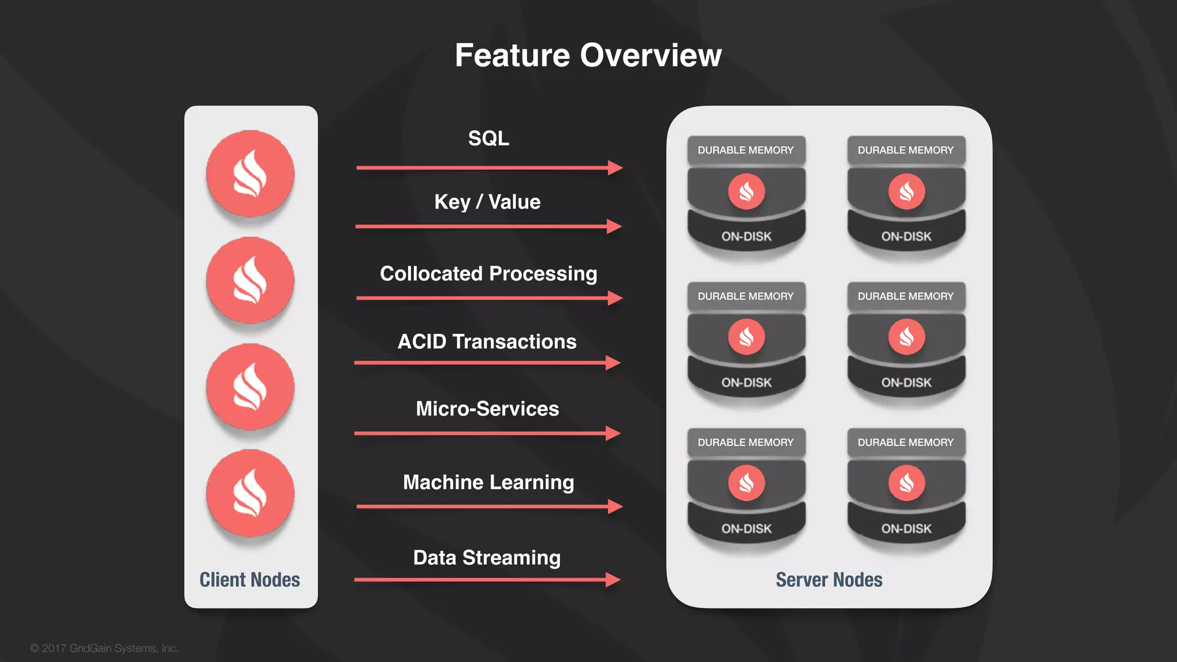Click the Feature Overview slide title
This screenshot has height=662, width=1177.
[x=588, y=55]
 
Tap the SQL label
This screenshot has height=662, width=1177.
[x=489, y=138]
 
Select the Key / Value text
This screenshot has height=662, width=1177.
[x=487, y=202]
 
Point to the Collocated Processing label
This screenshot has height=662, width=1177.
[x=489, y=274]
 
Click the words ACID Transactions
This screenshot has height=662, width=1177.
[x=487, y=341]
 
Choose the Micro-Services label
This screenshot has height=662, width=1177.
[x=487, y=409]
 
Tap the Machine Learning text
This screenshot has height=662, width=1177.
[x=489, y=482]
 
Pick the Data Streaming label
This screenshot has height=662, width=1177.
[x=487, y=557]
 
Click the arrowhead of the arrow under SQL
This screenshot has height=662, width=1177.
[x=616, y=168]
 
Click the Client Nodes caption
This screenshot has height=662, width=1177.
[x=249, y=580]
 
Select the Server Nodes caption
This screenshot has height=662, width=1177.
[x=829, y=580]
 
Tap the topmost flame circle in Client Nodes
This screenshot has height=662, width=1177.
[x=250, y=174]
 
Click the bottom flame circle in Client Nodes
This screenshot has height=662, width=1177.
[x=250, y=493]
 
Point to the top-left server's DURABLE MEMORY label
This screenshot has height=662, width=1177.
[x=745, y=150]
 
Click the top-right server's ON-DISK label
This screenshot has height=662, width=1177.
[x=906, y=236]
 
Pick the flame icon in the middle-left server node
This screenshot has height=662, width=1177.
[x=746, y=337]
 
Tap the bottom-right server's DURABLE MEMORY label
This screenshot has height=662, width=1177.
[x=906, y=442]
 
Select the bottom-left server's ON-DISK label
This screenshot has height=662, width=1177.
[x=746, y=529]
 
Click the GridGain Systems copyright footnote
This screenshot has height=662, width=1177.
[x=105, y=648]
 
